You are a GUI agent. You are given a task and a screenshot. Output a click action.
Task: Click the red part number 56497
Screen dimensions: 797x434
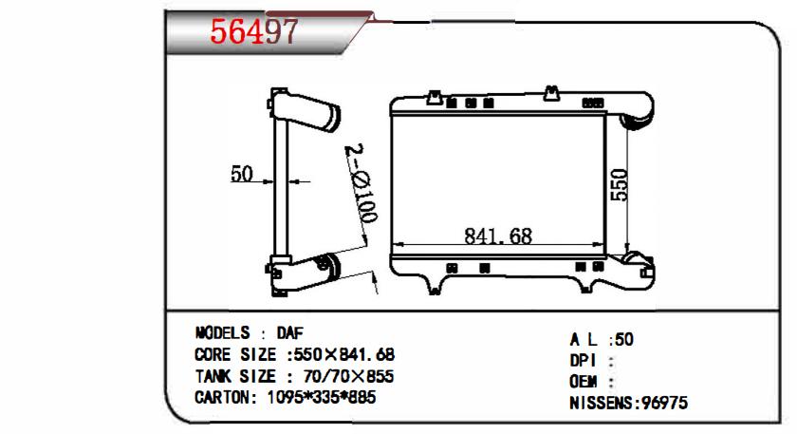[253, 31]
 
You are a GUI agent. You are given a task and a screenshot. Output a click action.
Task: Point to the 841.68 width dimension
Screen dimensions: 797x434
[498, 236]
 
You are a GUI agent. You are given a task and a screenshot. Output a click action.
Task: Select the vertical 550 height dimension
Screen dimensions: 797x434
[620, 185]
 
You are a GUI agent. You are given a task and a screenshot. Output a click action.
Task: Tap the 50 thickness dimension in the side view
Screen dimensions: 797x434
[241, 174]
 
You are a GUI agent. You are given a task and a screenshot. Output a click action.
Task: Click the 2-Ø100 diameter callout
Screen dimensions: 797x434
[361, 183]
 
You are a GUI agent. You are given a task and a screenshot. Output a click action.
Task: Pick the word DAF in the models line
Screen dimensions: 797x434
[289, 333]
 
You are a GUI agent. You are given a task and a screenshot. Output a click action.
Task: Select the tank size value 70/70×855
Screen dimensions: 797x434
[348, 376]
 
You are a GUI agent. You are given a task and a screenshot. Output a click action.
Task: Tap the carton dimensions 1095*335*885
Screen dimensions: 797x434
[322, 397]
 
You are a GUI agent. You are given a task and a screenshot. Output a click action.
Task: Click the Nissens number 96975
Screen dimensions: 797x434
[664, 403]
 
